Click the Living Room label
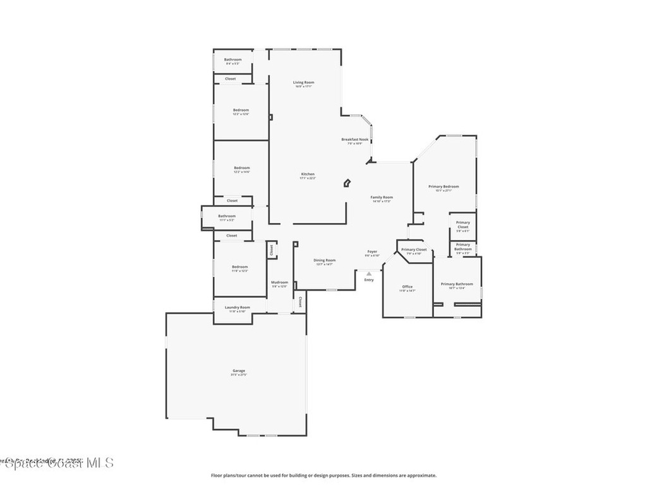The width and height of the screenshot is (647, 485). click(303, 83)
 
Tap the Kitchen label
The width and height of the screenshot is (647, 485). click(308, 174)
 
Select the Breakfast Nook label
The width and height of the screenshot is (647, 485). click(355, 140)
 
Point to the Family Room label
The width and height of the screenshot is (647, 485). click(382, 198)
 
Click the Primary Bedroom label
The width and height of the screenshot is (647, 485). click(444, 187)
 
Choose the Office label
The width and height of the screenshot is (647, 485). click(407, 287)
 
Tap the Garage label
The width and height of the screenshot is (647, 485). click(238, 371)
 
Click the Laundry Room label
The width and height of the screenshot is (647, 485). click(238, 308)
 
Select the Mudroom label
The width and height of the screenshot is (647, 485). click(279, 282)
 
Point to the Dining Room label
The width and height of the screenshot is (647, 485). click(325, 260)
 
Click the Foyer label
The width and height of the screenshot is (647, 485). click(372, 252)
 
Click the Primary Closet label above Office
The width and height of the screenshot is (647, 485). click(414, 250)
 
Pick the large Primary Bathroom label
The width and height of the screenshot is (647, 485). click(457, 285)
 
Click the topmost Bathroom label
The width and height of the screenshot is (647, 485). click(233, 60)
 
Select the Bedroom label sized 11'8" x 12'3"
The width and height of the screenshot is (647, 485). click(239, 267)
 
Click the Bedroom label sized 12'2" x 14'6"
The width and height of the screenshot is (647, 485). click(242, 168)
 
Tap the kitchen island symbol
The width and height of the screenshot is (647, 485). click(347, 183)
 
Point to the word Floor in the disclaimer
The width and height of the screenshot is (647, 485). click(216, 476)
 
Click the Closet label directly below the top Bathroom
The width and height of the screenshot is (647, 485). click(231, 79)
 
